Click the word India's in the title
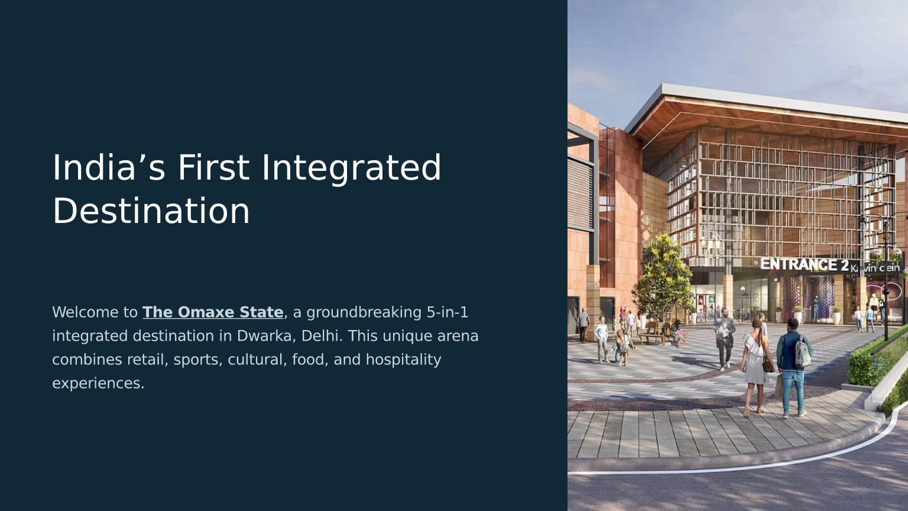(109, 167)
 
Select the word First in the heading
(213, 167)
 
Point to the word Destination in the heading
(151, 211)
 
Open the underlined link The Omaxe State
(213, 312)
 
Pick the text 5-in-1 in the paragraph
(447, 312)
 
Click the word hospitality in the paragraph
(403, 360)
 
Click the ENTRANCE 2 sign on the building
(805, 264)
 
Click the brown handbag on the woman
(768, 364)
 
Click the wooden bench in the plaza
(653, 334)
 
